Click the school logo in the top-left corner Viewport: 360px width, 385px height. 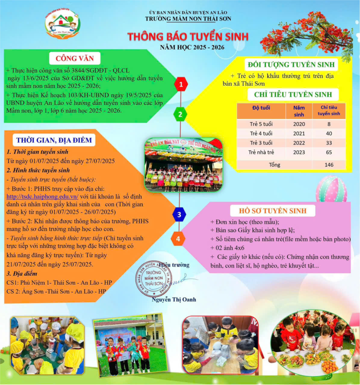click(x=62, y=24)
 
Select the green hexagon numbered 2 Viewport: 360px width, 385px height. click(x=180, y=114)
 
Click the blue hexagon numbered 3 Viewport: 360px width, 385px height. click(x=179, y=214)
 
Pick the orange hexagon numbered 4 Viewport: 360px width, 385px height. click(x=178, y=239)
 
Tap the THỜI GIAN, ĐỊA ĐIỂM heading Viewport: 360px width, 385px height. click(x=54, y=140)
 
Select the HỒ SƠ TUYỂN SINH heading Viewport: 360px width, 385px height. click(x=273, y=211)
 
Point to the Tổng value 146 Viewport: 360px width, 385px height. click(x=329, y=165)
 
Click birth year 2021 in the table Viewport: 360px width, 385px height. click(x=299, y=133)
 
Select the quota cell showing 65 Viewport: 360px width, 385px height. click(x=329, y=152)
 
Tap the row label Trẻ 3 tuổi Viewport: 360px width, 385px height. click(x=261, y=143)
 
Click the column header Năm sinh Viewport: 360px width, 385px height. click(x=299, y=111)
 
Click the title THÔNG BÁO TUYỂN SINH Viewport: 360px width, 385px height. click(x=188, y=37)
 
